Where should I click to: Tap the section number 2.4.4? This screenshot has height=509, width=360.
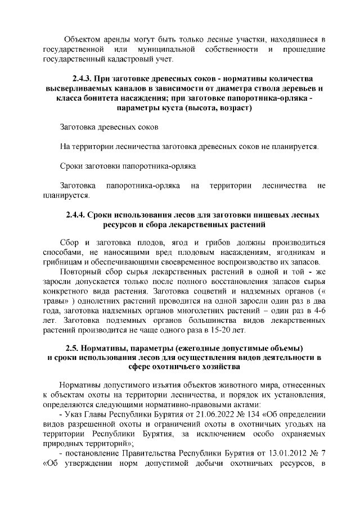click(78, 214)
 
